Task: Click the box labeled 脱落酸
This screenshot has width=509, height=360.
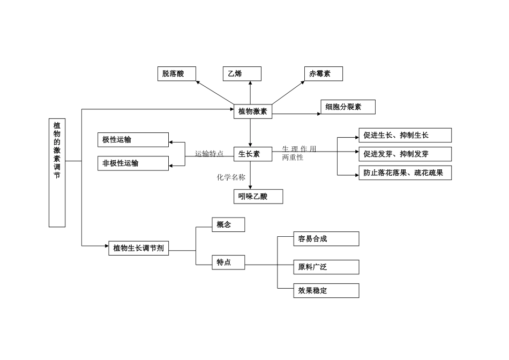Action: (176, 74)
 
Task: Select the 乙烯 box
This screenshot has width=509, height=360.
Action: (242, 74)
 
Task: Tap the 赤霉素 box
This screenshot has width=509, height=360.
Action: (323, 74)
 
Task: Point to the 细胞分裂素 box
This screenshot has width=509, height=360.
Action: (348, 107)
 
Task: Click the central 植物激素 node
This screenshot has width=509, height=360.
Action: (253, 111)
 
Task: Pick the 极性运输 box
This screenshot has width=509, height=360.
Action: (133, 140)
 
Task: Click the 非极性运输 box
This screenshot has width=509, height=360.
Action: (133, 163)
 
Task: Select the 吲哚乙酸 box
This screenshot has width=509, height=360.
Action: (258, 197)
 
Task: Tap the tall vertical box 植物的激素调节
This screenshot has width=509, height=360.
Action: (57, 172)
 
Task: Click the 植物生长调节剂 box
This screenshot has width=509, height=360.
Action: (138, 248)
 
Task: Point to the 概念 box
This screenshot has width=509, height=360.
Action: (228, 224)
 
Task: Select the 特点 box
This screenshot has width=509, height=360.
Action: (228, 262)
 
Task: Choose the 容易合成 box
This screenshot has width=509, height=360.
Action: (326, 239)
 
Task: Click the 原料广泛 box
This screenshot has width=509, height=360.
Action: (326, 267)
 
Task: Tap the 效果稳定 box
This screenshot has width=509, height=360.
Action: (326, 291)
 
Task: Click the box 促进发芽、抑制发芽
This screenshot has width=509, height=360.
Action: (405, 154)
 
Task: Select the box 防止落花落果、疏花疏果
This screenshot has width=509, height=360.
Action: (405, 173)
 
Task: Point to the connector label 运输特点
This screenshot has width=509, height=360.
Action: (209, 154)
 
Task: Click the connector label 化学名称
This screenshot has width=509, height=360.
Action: (231, 177)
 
